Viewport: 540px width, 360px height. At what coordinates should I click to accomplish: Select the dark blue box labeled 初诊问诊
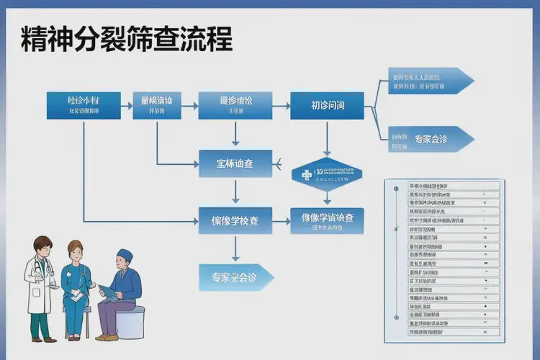328,105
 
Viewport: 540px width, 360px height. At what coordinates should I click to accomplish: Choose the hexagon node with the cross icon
327,173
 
